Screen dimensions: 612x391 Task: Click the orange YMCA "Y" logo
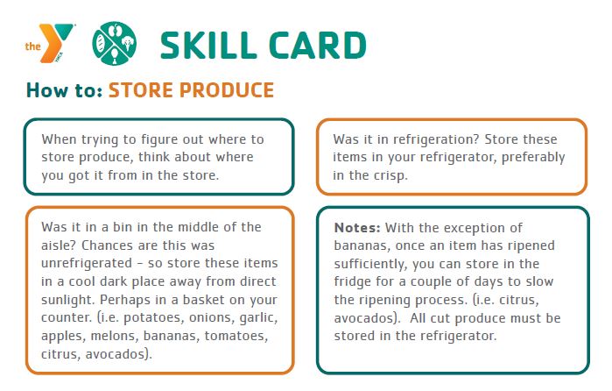point(50,43)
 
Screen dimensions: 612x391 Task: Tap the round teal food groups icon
point(114,43)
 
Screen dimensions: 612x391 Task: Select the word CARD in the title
point(318,46)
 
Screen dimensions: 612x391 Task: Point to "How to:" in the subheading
point(65,90)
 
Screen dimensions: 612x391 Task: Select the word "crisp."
point(390,176)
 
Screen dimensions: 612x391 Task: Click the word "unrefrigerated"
point(87,264)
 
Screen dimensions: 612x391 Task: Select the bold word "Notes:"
point(357,228)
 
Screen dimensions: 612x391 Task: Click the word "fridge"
point(353,282)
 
